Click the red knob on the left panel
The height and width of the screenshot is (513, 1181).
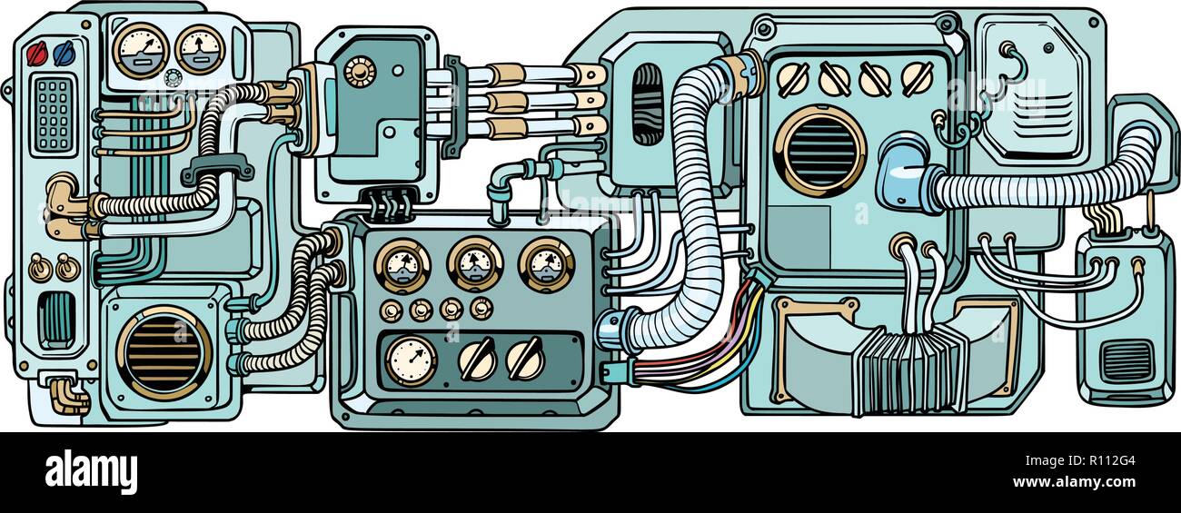coord(36,51)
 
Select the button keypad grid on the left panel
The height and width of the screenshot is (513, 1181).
coord(55,114)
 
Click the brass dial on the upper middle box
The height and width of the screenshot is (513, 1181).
coord(359,71)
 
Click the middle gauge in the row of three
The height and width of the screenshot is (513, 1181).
coord(474,264)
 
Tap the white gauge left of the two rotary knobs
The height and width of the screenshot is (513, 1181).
coord(410,359)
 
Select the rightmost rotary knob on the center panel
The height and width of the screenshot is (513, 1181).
coord(524,358)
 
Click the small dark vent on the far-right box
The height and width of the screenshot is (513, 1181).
coord(1124,361)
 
